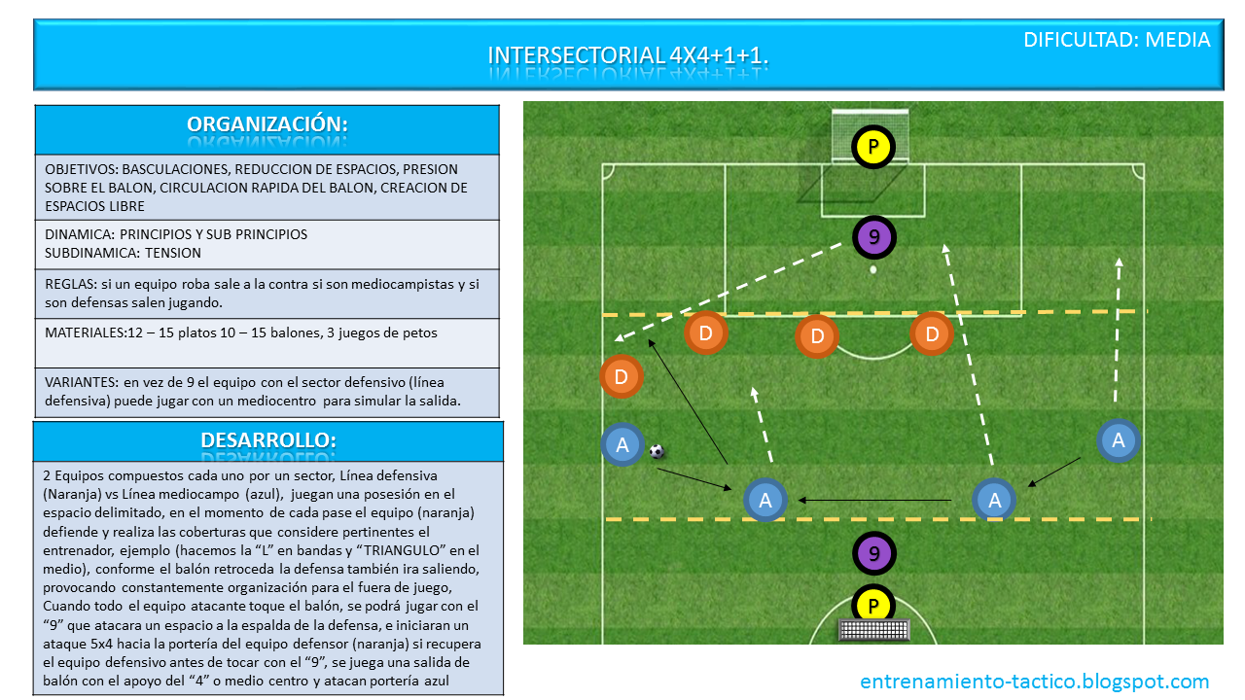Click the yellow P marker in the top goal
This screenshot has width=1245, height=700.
click(x=873, y=148)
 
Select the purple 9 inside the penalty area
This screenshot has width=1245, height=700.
click(x=873, y=236)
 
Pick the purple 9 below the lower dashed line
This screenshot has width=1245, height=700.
click(x=873, y=554)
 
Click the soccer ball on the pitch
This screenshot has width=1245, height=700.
click(x=657, y=451)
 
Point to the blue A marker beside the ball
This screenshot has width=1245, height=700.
click(x=622, y=444)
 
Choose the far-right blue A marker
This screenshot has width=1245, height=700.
click(x=1118, y=439)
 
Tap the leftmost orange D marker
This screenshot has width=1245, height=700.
click(x=622, y=376)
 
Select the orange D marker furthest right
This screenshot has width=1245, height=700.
click(x=932, y=333)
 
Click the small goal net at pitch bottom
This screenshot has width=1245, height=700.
click(x=873, y=630)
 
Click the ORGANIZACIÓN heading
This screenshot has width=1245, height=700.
click(x=267, y=124)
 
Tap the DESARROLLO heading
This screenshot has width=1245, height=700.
click(x=267, y=439)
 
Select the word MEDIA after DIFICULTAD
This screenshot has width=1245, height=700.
click(x=1177, y=40)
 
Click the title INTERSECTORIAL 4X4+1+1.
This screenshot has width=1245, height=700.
click(x=627, y=55)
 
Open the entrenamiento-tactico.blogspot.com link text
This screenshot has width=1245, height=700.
click(x=1034, y=682)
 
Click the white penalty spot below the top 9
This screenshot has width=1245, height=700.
click(x=873, y=269)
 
